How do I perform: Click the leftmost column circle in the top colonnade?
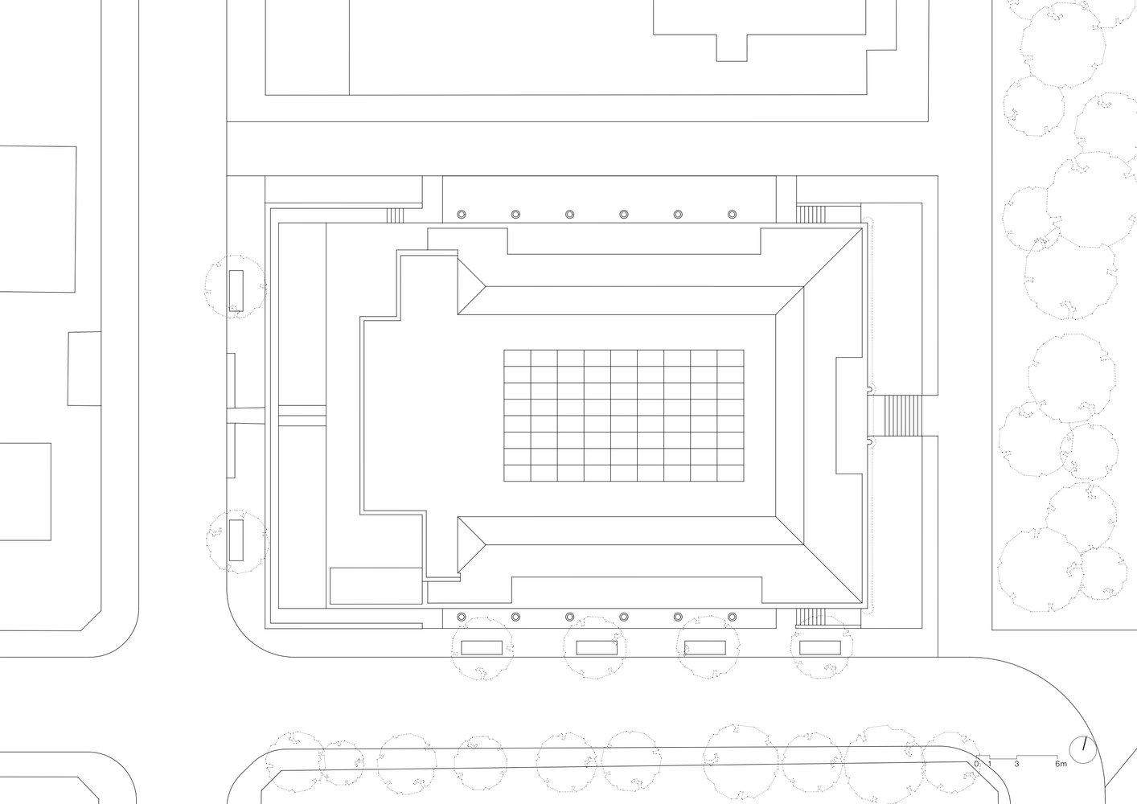pyautogui.click(x=462, y=214)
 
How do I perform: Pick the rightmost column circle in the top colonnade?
pyautogui.click(x=732, y=214)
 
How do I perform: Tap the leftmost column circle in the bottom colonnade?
pyautogui.click(x=462, y=617)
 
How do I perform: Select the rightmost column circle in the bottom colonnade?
pyautogui.click(x=732, y=617)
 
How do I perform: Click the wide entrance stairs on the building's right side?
pyautogui.click(x=902, y=415)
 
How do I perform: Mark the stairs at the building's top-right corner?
pyautogui.click(x=811, y=214)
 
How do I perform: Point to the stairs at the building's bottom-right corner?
pyautogui.click(x=811, y=617)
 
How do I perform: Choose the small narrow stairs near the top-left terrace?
pyautogui.click(x=395, y=215)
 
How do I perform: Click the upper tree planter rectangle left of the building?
pyautogui.click(x=236, y=290)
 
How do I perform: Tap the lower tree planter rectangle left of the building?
pyautogui.click(x=236, y=540)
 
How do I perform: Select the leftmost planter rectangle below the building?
pyautogui.click(x=482, y=647)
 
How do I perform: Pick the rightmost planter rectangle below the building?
pyautogui.click(x=820, y=647)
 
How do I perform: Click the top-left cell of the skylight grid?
pyautogui.click(x=517, y=358)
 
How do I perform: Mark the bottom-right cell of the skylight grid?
pyautogui.click(x=730, y=473)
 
